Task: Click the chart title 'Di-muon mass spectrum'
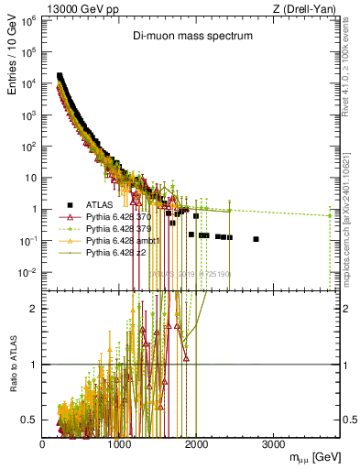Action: click(189, 38)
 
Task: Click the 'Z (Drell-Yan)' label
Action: click(308, 8)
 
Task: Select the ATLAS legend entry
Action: click(95, 203)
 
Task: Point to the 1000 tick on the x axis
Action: click(119, 442)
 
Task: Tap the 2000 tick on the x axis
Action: click(196, 442)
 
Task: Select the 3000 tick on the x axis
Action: click(273, 442)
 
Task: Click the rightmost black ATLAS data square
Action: click(256, 239)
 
